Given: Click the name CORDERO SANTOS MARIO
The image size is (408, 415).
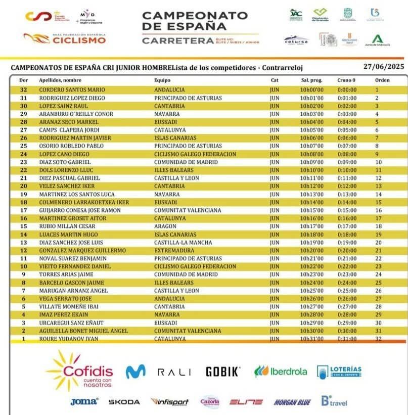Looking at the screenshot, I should click(x=72, y=89).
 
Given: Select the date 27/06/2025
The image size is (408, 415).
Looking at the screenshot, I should click(x=383, y=67).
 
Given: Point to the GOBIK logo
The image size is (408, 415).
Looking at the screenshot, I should click(x=222, y=372).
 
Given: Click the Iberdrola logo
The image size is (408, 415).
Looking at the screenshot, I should click(x=281, y=372).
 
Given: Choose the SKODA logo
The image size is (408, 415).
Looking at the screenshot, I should click(x=124, y=402).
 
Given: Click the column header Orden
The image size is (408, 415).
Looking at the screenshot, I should click(x=382, y=80).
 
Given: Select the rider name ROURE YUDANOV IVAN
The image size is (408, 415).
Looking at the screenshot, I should click(x=69, y=339).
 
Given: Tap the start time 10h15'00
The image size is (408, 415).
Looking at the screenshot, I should click(x=311, y=210).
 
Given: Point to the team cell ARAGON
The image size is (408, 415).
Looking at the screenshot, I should click(x=165, y=226).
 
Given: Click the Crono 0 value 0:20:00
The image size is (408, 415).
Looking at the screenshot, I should click(x=346, y=250).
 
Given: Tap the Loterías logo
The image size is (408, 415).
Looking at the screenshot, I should click(x=339, y=372).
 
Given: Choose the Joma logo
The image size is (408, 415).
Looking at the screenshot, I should click(x=84, y=402).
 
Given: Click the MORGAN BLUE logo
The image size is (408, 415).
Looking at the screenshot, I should click(x=292, y=402).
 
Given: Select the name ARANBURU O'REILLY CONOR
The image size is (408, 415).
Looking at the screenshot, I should click(x=76, y=114).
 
